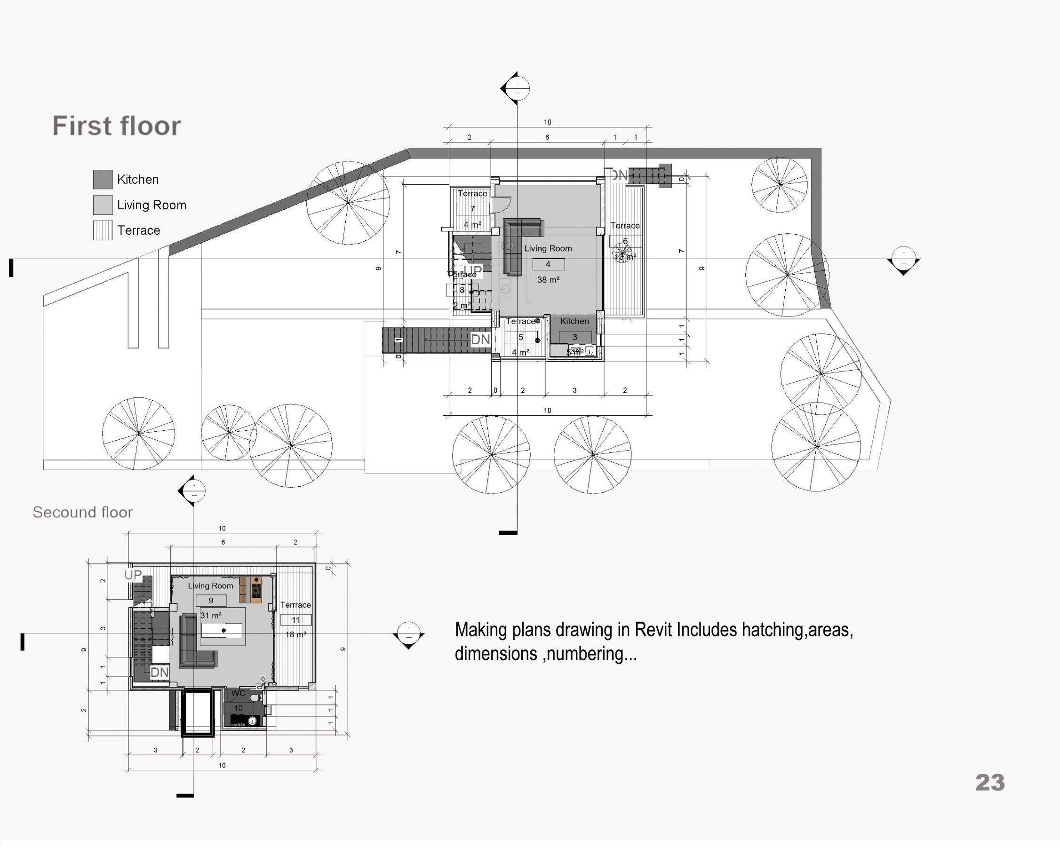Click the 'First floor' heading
(117, 126)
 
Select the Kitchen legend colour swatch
(103, 180)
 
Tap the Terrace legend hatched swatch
(103, 230)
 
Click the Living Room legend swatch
(103, 205)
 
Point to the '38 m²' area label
(548, 280)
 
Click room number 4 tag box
(548, 264)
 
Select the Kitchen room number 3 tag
(575, 337)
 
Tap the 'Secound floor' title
(83, 512)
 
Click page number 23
(990, 783)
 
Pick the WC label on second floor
(238, 693)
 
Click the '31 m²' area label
(211, 616)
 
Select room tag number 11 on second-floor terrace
(295, 620)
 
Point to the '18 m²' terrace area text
(296, 634)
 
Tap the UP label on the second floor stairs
(133, 575)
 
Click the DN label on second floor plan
(159, 672)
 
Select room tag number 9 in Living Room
(211, 600)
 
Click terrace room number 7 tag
(472, 209)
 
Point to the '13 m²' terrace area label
(625, 257)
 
